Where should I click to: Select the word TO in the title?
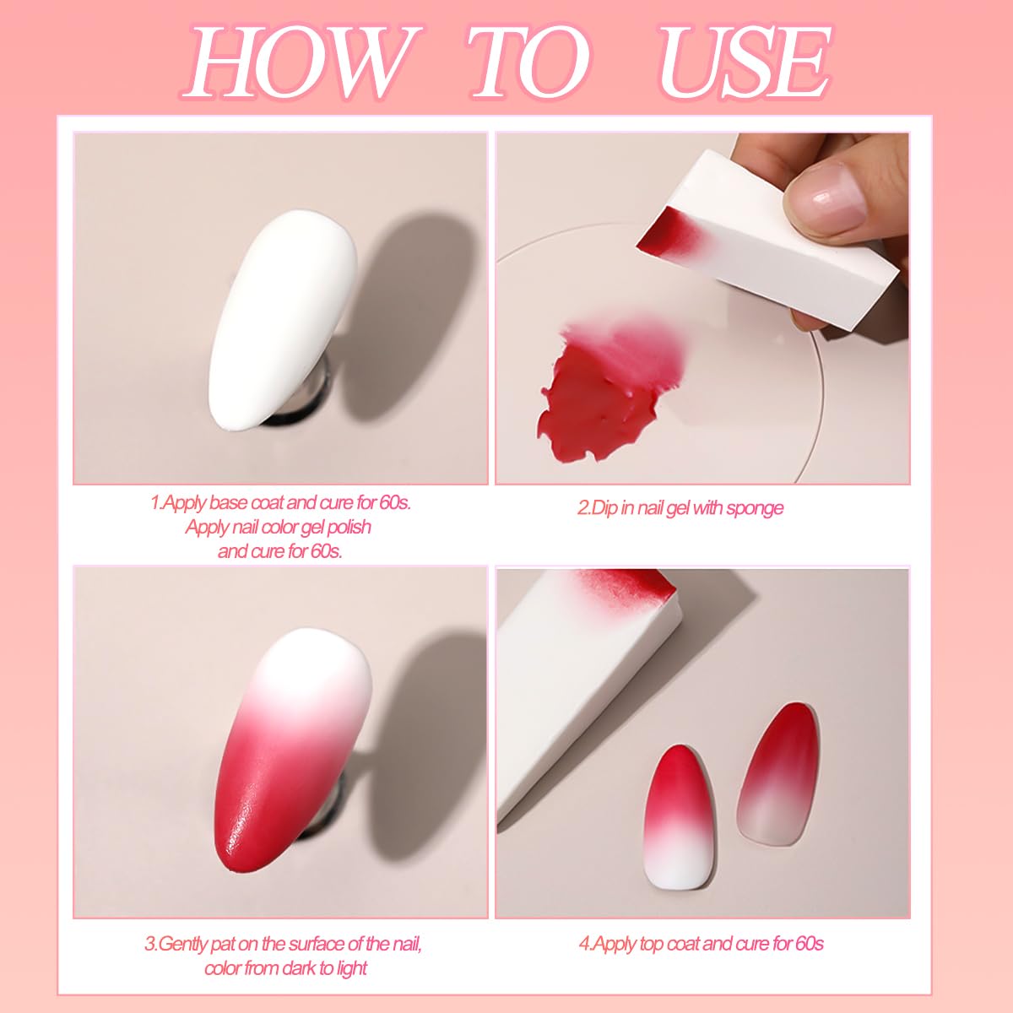528,63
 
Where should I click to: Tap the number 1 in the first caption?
154,503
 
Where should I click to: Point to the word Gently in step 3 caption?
186,944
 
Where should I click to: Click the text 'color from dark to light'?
285,967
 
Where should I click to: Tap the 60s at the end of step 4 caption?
809,944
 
